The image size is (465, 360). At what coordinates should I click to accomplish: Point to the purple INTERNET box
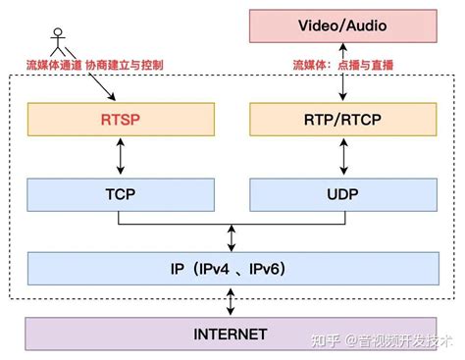[232, 334]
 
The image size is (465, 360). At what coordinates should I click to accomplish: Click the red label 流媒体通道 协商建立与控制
[95, 65]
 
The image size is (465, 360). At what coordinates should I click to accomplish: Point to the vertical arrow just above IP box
[232, 235]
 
